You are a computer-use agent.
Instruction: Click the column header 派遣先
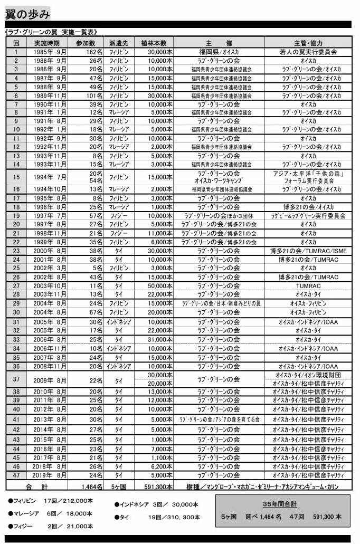[x=119, y=43]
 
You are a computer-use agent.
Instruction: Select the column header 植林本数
[x=154, y=43]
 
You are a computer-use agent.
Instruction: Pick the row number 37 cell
[x=16, y=379]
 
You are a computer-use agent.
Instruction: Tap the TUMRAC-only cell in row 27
[x=308, y=285]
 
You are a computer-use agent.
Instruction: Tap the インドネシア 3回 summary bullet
[x=156, y=504]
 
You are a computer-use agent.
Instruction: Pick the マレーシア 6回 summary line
[x=51, y=513]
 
